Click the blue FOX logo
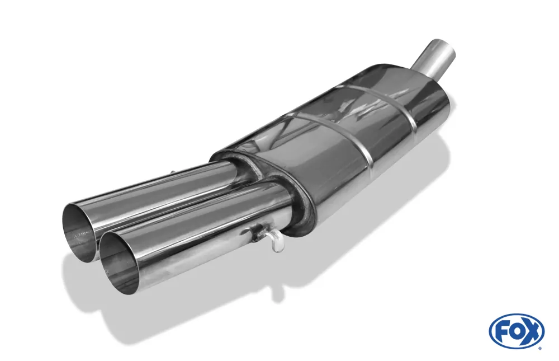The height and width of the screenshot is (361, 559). pos(517,330)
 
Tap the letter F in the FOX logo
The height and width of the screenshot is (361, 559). pos(501,330)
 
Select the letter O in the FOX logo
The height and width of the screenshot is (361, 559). pos(515,330)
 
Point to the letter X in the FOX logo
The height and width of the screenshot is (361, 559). pos(531,330)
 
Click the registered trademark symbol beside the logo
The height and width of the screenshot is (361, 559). pos(542,348)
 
